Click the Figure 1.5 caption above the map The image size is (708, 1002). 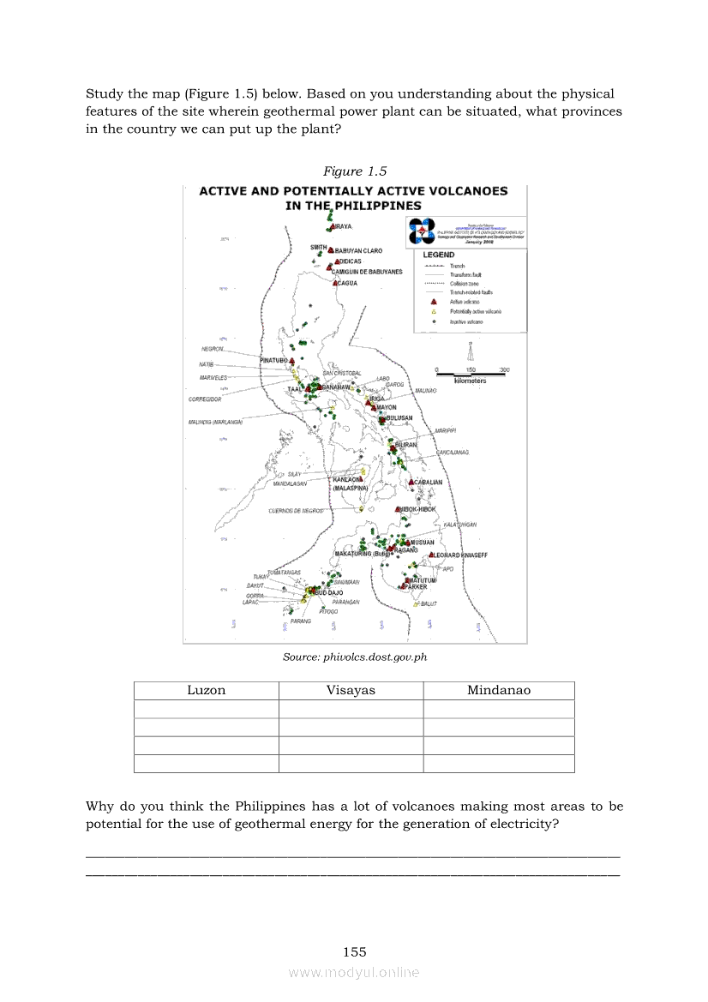click(x=354, y=171)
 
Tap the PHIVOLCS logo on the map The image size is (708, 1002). click(x=422, y=231)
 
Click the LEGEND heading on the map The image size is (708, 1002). click(x=438, y=255)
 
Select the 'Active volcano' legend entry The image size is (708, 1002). click(x=463, y=302)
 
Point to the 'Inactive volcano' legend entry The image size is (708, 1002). click(x=464, y=321)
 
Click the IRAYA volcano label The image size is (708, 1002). click(x=341, y=226)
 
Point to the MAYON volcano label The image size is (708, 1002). click(x=386, y=408)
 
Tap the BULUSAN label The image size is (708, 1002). click(x=399, y=418)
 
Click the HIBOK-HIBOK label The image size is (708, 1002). click(x=417, y=509)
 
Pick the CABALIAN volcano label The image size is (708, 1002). click(x=428, y=483)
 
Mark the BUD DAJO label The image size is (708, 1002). click(x=327, y=592)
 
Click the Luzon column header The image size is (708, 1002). click(x=206, y=690)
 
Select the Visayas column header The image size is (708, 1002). click(x=351, y=690)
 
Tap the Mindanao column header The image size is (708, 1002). click(x=498, y=690)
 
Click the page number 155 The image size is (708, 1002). click(x=354, y=951)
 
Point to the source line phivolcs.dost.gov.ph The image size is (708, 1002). click(x=354, y=657)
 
